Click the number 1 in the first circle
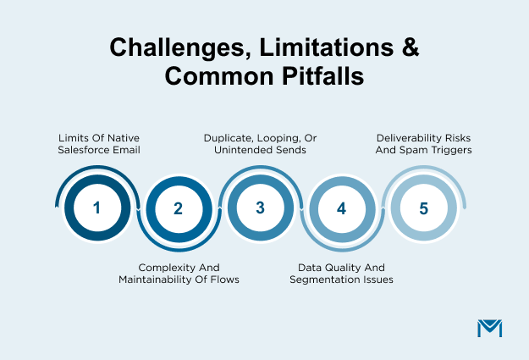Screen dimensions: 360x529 coord(96,207)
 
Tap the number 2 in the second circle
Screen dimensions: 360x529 coord(178,208)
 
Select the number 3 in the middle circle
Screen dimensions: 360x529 coord(260,207)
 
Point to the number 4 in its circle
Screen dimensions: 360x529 coord(341,208)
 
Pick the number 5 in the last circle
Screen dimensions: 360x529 coord(422,207)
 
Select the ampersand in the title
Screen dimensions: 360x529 coord(409,48)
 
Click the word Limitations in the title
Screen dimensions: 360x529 coord(319,48)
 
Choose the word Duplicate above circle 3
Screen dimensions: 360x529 coord(233,137)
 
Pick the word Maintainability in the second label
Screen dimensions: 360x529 coord(160,279)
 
